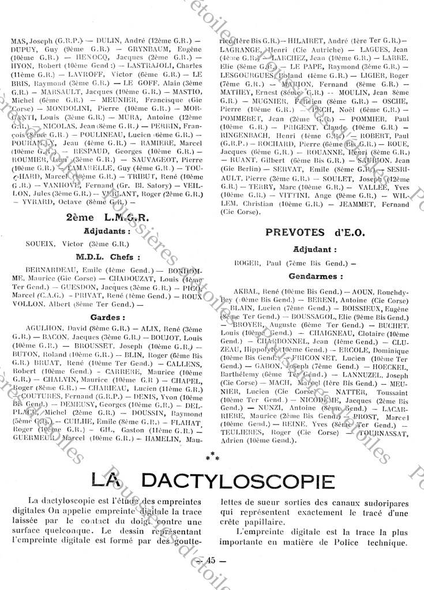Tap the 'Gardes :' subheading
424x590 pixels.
[x=108, y=317]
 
